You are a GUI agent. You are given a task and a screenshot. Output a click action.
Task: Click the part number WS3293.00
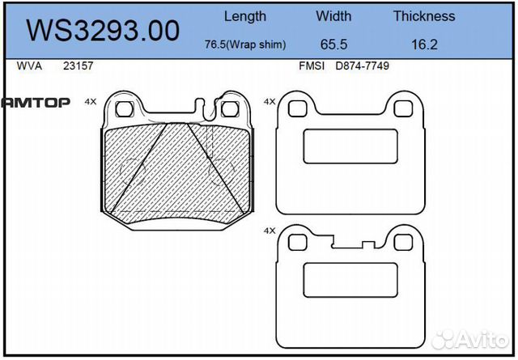(103, 30)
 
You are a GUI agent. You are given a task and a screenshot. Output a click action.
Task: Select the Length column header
(244, 15)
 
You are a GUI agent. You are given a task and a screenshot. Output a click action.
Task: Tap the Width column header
(333, 15)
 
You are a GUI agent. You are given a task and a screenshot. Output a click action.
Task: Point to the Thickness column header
(423, 15)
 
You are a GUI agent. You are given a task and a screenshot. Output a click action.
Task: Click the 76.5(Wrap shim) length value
(245, 45)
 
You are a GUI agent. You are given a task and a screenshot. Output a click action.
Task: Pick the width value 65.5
(333, 45)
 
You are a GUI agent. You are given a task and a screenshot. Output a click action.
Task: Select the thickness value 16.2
(424, 45)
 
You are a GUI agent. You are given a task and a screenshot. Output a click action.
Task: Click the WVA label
(29, 66)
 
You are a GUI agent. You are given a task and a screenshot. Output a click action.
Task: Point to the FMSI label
(312, 66)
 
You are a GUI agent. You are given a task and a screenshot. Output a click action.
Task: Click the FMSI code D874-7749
(362, 66)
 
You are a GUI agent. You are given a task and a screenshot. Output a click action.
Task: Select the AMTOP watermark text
(36, 102)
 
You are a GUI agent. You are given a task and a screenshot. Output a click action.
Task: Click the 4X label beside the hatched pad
(90, 102)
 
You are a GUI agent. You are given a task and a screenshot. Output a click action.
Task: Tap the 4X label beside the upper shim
(270, 102)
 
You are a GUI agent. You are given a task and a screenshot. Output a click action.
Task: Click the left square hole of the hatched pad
(124, 108)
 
